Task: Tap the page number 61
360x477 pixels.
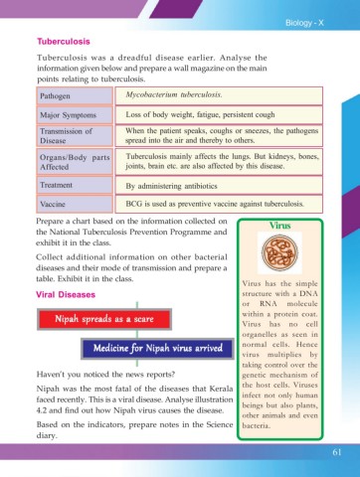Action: [x=339, y=454]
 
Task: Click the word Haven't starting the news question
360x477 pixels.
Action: [x=54, y=373]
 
